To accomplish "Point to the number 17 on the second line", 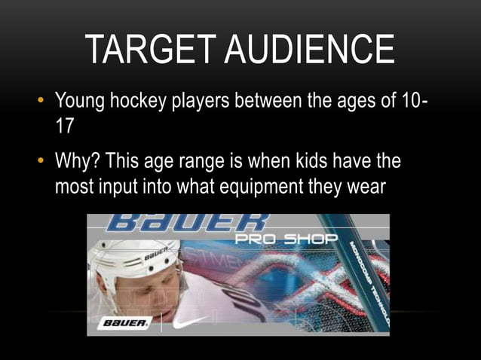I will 65,125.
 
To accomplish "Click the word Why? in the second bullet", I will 77,161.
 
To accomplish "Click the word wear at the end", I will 366,185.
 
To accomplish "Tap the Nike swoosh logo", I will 191,321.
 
